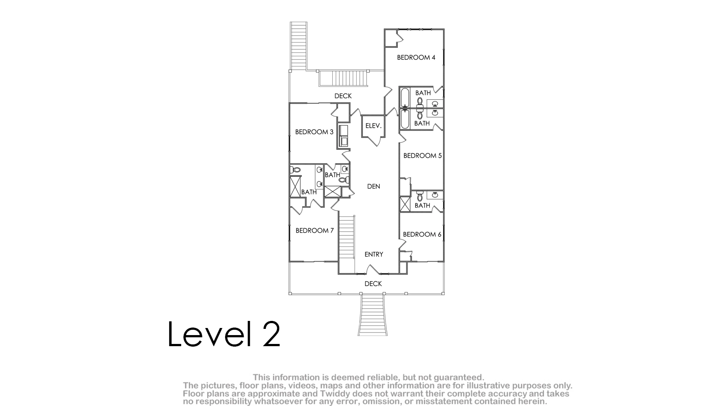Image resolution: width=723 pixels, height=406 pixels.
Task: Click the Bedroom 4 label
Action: coord(416,58)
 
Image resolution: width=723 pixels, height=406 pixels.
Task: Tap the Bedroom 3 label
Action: coord(315,132)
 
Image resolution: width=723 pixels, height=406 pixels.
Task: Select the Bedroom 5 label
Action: coord(423,156)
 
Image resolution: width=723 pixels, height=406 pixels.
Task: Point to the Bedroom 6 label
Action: coord(422,234)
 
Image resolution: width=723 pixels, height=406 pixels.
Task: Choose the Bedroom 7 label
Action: coord(315,230)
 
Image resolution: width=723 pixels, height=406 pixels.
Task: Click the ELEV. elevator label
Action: coord(373,125)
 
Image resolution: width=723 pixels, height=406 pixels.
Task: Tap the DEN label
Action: coord(374,186)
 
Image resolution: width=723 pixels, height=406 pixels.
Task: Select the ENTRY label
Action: coord(374,254)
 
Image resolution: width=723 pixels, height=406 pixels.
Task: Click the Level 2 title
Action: coord(224,334)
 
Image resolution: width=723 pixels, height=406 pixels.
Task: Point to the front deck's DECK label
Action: coord(373,284)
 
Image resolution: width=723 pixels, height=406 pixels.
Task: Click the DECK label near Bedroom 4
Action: coord(343,96)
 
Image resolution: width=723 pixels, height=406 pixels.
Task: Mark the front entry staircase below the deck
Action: coord(373,315)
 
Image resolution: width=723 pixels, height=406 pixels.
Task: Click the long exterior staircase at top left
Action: coord(299,46)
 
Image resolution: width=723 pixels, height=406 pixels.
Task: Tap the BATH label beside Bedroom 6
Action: coord(423,205)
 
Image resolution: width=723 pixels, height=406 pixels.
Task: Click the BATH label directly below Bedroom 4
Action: coord(423,93)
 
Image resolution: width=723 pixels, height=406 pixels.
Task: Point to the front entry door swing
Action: coord(374,269)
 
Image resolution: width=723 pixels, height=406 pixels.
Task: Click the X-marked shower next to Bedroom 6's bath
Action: coord(405,204)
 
